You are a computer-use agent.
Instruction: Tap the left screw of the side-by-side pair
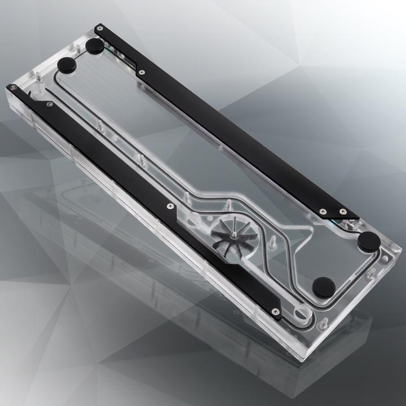[323, 211]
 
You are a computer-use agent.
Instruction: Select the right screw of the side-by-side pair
[343, 211]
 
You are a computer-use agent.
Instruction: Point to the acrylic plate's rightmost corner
[401, 249]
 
